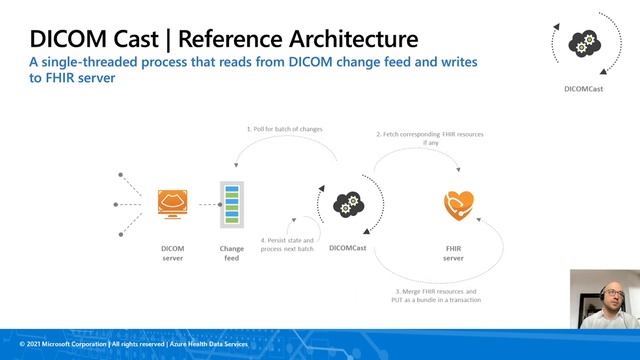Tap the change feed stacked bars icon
coord(231,204)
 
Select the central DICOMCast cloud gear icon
coord(346,204)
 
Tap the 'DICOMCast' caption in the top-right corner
coord(582,88)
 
